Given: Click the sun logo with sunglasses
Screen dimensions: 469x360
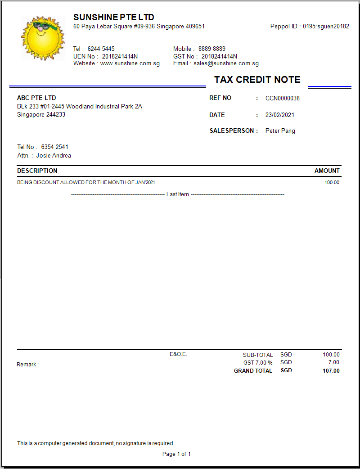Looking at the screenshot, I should click(x=40, y=38).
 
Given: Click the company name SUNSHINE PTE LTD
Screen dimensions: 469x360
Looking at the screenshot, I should click(x=113, y=17).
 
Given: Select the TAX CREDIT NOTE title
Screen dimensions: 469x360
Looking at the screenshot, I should click(x=257, y=80).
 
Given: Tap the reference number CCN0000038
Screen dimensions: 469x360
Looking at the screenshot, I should click(x=282, y=98).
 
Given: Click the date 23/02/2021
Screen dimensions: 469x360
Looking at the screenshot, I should click(x=279, y=115).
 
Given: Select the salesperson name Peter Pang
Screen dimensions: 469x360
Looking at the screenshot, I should click(x=280, y=131).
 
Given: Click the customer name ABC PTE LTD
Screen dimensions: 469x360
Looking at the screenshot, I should click(x=36, y=98).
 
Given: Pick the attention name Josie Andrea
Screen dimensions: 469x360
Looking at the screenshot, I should click(x=54, y=156).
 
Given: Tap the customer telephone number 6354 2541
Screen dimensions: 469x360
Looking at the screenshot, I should click(x=54, y=147).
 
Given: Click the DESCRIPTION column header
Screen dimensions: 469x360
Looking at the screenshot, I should click(x=37, y=171).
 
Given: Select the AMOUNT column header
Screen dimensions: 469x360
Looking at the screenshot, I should click(x=327, y=171).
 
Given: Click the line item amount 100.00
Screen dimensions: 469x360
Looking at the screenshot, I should click(x=332, y=182).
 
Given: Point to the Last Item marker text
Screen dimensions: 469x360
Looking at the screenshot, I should click(x=177, y=194).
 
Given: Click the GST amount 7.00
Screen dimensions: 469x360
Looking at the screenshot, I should click(x=333, y=362).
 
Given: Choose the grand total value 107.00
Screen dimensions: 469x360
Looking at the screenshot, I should click(x=331, y=371).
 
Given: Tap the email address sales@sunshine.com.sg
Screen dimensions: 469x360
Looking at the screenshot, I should click(x=226, y=63).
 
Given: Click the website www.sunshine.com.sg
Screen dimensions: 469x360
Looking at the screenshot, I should click(x=130, y=63).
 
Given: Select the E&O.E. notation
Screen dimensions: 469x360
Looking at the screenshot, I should click(x=178, y=354).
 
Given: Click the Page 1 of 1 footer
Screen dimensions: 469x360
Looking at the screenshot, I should click(x=176, y=454).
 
